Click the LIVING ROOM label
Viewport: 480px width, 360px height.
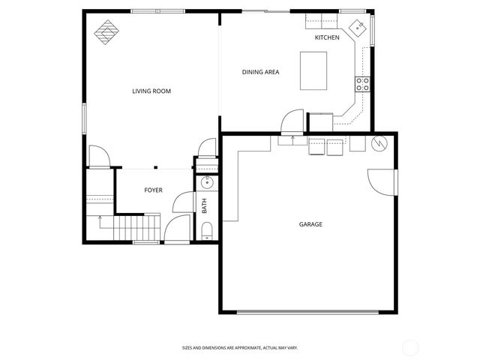pos(151,91)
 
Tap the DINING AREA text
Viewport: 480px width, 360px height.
pos(260,72)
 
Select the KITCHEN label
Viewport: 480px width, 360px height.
pos(327,37)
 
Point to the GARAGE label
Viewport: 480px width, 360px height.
pos(310,223)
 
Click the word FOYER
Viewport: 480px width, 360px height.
pos(153,190)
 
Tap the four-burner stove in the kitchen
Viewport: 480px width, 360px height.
pos(362,84)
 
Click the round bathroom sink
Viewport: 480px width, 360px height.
pos(207,181)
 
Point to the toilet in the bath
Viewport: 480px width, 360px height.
pos(208,229)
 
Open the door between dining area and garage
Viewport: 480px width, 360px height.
pos(292,122)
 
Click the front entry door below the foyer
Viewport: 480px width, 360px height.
pos(176,229)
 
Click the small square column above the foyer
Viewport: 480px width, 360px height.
pos(155,167)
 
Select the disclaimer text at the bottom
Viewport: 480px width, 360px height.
pos(239,347)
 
